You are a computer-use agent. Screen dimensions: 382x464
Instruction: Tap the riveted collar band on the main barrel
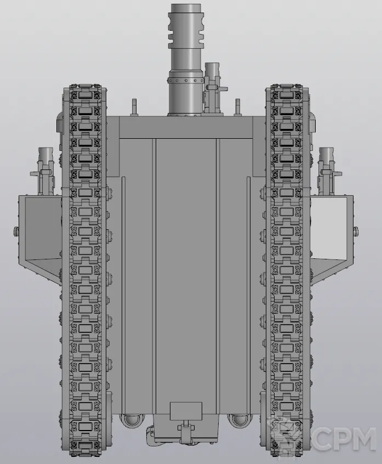pyautogui.click(x=185, y=80)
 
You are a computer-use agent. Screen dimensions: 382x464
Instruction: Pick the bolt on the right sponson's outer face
pyautogui.click(x=356, y=230)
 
